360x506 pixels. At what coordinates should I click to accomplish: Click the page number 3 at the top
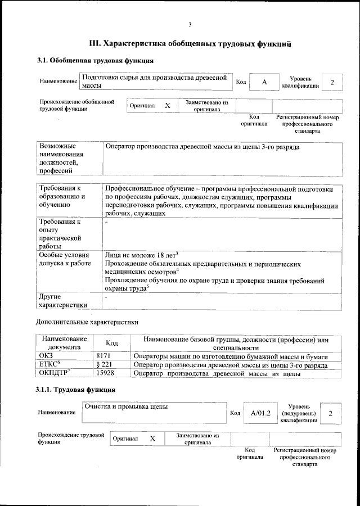coord(190,24)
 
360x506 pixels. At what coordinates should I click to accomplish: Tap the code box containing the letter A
coord(264,82)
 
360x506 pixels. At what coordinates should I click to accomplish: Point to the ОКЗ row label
coord(46,356)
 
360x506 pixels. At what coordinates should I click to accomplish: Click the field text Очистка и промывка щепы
coord(125,406)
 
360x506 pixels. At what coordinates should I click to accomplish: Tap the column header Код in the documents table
coord(112,343)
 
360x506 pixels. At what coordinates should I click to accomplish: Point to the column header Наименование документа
coord(63,343)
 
